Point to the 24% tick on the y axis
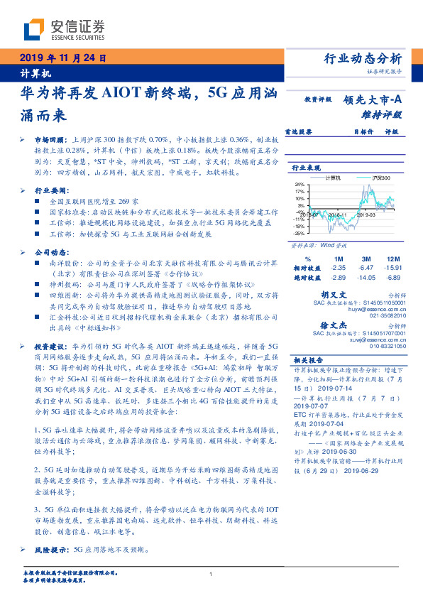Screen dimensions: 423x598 coord(300,184)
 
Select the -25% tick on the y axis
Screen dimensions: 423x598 coord(300,232)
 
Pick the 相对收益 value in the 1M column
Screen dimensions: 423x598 coord(338,268)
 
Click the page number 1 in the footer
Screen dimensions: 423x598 coord(211,574)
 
